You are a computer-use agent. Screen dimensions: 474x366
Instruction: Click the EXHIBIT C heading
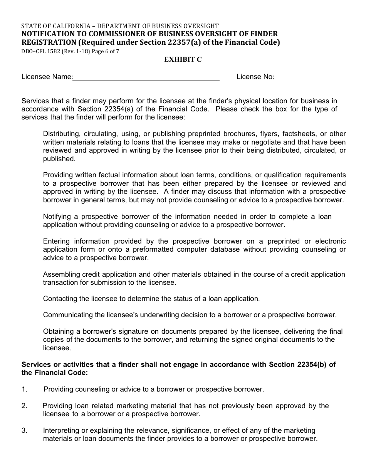point(183,59)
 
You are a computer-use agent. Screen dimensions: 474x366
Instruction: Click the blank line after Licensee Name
point(146,78)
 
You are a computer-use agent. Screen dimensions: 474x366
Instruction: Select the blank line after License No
point(311,78)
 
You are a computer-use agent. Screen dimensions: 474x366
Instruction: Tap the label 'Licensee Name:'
point(47,77)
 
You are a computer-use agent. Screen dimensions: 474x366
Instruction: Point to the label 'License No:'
point(255,77)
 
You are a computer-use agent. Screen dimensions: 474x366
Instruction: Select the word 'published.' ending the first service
point(59,159)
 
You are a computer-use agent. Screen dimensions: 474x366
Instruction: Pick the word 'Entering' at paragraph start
point(56,241)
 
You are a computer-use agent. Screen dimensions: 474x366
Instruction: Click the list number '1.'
point(25,389)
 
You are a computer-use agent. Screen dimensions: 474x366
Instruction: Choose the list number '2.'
point(25,406)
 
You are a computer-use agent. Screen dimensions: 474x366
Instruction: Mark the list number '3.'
point(25,430)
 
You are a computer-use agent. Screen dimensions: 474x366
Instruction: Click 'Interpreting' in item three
point(61,430)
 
